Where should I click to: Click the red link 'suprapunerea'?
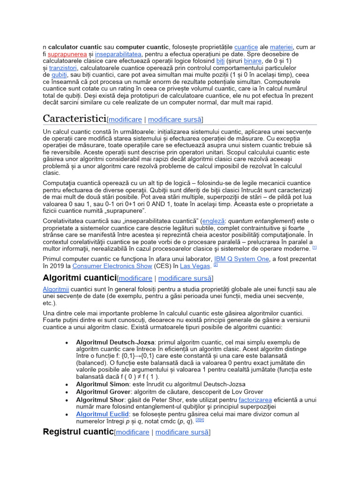pyautogui.click(x=67, y=54)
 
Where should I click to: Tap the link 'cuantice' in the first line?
pyautogui.click(x=246, y=47)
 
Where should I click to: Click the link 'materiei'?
pyautogui.click(x=281, y=47)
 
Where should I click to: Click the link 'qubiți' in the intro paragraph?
pyautogui.click(x=59, y=75)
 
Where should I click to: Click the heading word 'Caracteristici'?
pyautogui.click(x=75, y=118)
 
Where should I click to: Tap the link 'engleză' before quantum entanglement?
pyautogui.click(x=214, y=221)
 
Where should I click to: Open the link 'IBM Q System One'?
pyautogui.click(x=241, y=259)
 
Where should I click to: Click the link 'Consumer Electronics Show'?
pyautogui.click(x=112, y=266)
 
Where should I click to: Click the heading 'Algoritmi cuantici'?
pyautogui.click(x=79, y=278)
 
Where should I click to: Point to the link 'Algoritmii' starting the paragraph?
pyautogui.click(x=55, y=289)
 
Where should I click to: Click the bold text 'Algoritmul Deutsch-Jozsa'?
pyautogui.click(x=115, y=342)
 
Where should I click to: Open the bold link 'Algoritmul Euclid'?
pyautogui.click(x=102, y=414)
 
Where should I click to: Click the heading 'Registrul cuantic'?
pyautogui.click(x=78, y=432)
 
